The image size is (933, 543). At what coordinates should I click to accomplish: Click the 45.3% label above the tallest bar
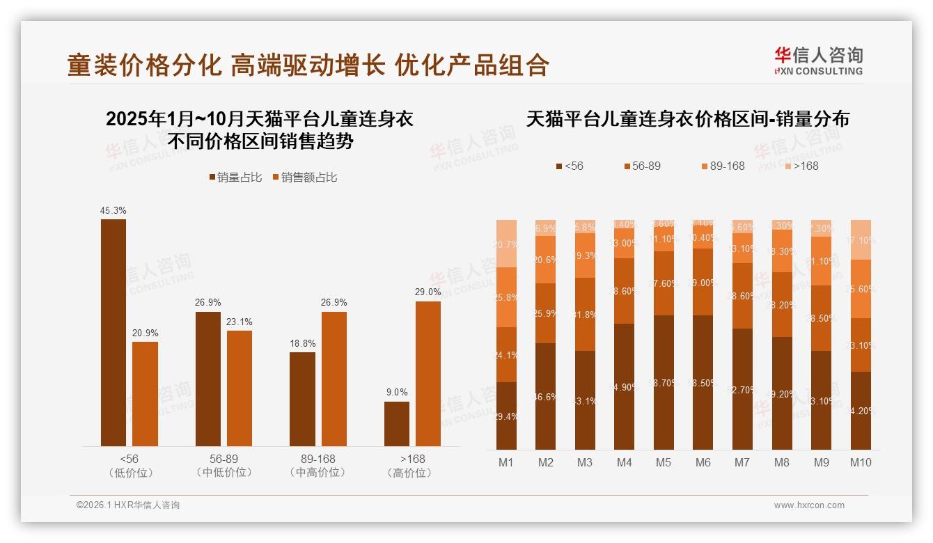113,210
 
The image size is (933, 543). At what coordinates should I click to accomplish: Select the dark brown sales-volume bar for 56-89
208,379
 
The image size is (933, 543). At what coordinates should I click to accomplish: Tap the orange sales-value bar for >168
428,373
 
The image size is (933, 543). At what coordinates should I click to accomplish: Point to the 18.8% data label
302,343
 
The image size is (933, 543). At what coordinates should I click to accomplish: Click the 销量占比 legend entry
235,178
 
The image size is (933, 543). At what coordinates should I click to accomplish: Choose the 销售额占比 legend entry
305,178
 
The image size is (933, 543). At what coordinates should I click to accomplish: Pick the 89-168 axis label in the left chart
317,459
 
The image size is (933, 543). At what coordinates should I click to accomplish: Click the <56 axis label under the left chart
129,459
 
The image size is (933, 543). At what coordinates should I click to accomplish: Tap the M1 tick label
506,463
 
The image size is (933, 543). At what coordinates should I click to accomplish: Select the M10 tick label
861,463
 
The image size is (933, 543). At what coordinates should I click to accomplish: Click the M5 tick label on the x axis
664,463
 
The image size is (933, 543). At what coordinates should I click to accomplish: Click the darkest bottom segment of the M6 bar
703,382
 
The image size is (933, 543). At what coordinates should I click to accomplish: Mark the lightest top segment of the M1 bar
506,243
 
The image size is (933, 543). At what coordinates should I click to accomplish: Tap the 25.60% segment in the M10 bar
861,288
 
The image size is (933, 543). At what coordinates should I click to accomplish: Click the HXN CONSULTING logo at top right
818,61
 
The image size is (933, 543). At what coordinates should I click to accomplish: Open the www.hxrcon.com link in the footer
809,505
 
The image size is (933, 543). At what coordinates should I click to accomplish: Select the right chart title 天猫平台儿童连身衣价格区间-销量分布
687,119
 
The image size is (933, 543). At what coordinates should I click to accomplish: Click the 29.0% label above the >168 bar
428,292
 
